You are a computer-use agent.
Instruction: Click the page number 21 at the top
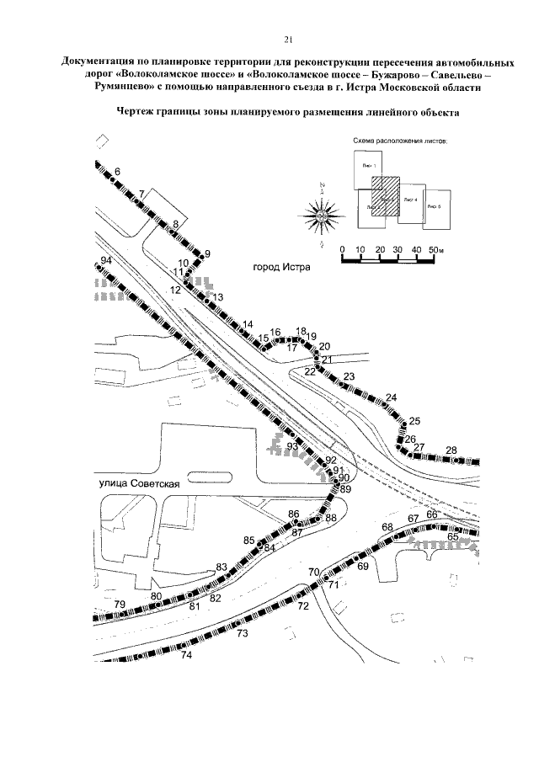point(288,39)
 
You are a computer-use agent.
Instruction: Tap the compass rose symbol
point(323,216)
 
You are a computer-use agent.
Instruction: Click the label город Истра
point(281,269)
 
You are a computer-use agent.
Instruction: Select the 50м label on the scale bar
point(435,250)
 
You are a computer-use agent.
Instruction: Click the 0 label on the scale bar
point(342,250)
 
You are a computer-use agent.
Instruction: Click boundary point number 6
point(117,172)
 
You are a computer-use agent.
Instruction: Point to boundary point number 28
point(451,450)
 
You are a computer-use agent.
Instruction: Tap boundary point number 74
point(187,654)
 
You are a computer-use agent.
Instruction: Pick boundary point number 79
point(120,605)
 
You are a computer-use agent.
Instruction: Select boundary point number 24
point(391,397)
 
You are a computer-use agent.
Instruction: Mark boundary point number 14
point(248,325)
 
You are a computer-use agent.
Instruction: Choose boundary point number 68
point(387,527)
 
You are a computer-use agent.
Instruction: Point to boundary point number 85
point(248,541)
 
